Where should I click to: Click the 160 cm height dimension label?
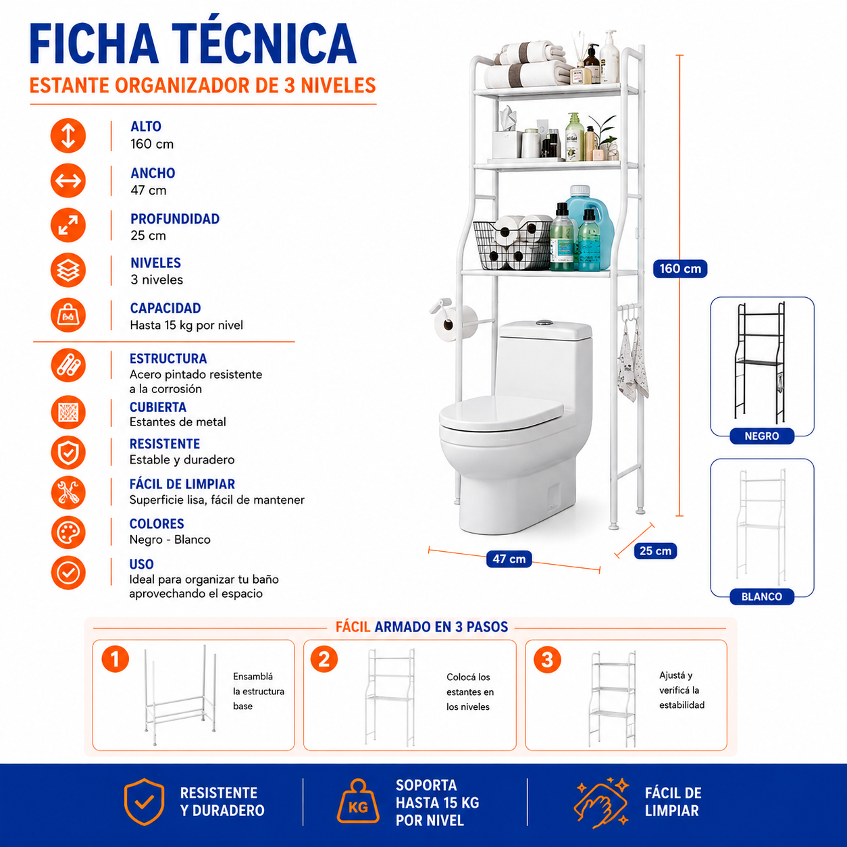pyautogui.click(x=680, y=269)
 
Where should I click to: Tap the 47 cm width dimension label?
pyautogui.click(x=509, y=559)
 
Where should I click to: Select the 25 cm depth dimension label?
pyautogui.click(x=655, y=550)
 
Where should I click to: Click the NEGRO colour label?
pyautogui.click(x=762, y=436)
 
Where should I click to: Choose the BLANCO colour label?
pyautogui.click(x=762, y=596)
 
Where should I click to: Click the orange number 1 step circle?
pyautogui.click(x=115, y=659)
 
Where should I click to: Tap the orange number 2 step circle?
pyautogui.click(x=324, y=659)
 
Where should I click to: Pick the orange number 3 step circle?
pyautogui.click(x=547, y=660)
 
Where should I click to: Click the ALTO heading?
pyautogui.click(x=146, y=126)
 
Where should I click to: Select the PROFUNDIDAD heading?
pyautogui.click(x=175, y=219)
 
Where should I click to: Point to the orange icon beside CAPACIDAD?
pyautogui.click(x=68, y=315)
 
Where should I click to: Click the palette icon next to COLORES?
pyautogui.click(x=68, y=533)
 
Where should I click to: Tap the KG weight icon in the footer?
pyautogui.click(x=358, y=804)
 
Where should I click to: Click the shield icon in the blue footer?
pyautogui.click(x=144, y=802)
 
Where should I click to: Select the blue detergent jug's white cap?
pyautogui.click(x=580, y=191)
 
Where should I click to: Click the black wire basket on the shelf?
pyautogui.click(x=512, y=245)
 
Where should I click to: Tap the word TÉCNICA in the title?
pyautogui.click(x=264, y=44)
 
